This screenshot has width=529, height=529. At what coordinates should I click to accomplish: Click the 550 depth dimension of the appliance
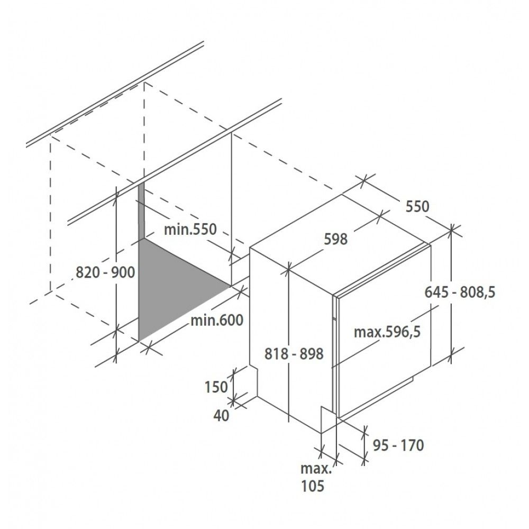pyautogui.click(x=417, y=206)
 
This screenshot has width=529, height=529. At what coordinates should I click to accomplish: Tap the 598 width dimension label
pyautogui.click(x=335, y=239)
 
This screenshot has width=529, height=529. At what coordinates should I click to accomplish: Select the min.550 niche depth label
pyautogui.click(x=190, y=230)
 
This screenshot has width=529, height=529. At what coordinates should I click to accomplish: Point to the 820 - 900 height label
pyautogui.click(x=105, y=272)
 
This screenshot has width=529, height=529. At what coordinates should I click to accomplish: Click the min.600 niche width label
pyautogui.click(x=217, y=320)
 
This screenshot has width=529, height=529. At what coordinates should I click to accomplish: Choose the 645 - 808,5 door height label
pyautogui.click(x=460, y=292)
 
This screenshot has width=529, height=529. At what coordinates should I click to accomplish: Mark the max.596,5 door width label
pyautogui.click(x=387, y=332)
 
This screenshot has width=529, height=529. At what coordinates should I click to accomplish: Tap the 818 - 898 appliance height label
pyautogui.click(x=294, y=354)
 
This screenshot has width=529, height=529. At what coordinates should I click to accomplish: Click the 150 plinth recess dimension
pyautogui.click(x=216, y=387)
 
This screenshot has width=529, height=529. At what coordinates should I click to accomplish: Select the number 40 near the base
pyautogui.click(x=221, y=415)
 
